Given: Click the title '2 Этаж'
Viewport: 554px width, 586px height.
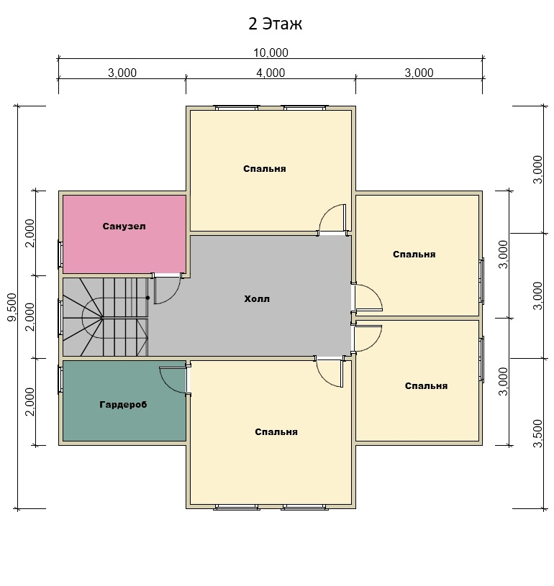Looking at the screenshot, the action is tap(275, 24).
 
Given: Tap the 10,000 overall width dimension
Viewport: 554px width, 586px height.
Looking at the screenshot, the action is tap(271, 52).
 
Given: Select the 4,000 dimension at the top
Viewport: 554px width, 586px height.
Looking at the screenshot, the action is tap(271, 73).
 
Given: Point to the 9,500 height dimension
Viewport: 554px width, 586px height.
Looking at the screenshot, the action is tap(12, 307).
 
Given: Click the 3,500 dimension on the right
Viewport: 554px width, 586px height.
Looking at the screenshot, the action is tap(537, 434).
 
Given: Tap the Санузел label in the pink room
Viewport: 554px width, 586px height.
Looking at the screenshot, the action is tap(124, 226).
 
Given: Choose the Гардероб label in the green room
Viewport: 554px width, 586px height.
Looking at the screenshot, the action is tap(123, 404).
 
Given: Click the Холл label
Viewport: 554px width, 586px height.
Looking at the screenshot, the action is tap(257, 298).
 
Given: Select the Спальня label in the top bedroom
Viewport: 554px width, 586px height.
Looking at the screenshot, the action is tap(265, 168).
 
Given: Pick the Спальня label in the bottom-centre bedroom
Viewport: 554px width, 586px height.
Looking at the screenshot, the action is tap(276, 431).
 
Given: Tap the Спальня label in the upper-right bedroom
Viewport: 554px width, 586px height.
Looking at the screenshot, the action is tap(414, 254).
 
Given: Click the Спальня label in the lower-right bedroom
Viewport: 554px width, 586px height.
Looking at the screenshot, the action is tap(426, 385).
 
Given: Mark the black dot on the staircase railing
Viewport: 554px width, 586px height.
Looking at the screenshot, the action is tap(147, 298).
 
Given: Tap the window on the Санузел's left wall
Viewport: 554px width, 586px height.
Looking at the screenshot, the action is tap(60, 254).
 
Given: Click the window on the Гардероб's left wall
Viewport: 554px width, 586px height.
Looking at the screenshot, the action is tap(60, 379).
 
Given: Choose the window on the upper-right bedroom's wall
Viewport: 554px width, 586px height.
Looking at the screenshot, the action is tap(482, 280).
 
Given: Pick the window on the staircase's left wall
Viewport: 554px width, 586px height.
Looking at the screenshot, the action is tap(60, 317).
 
